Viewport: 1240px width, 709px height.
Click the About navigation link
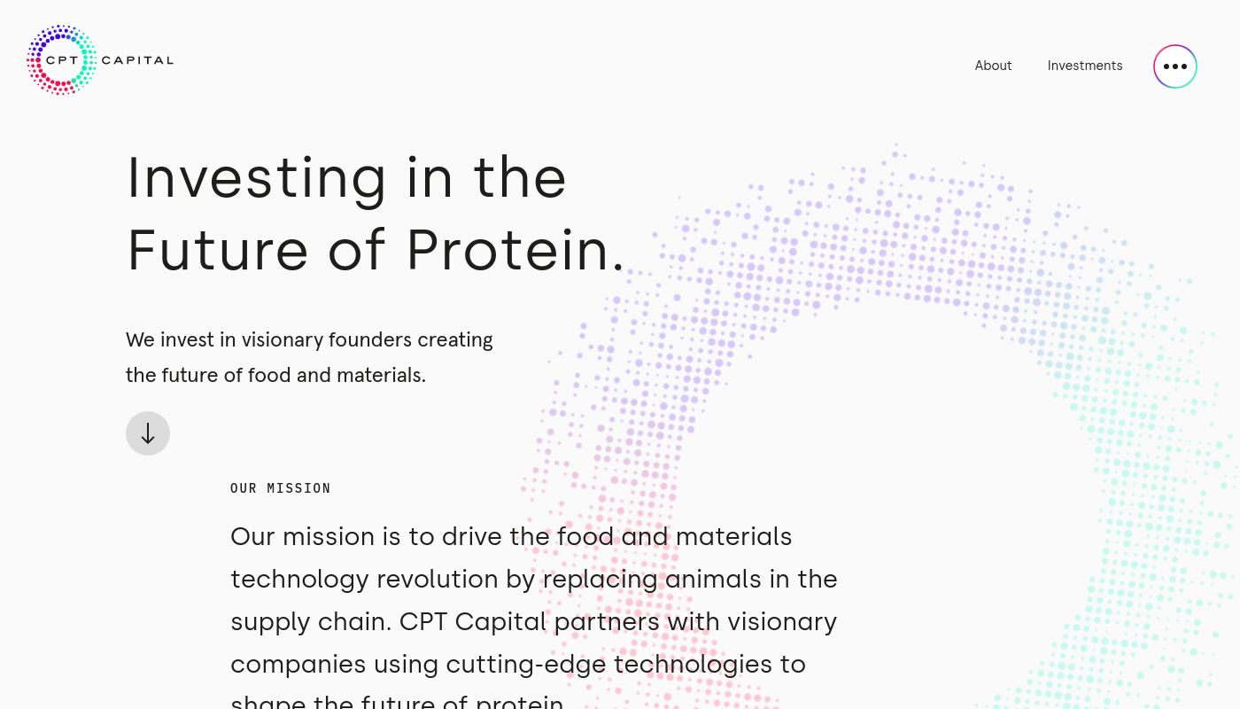(x=993, y=66)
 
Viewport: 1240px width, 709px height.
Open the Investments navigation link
(x=1084, y=66)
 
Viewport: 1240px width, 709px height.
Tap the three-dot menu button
(x=1174, y=66)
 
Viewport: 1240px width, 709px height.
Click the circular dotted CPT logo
(x=61, y=60)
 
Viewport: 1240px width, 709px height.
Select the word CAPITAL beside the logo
(x=137, y=60)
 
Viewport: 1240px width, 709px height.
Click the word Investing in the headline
(x=257, y=178)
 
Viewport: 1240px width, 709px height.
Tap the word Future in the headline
(x=218, y=250)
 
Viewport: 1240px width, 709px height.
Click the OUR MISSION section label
(x=280, y=488)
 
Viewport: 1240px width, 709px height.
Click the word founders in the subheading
(x=369, y=340)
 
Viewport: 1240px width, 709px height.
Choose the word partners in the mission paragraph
(x=607, y=622)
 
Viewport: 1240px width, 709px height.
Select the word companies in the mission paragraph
(x=298, y=665)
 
